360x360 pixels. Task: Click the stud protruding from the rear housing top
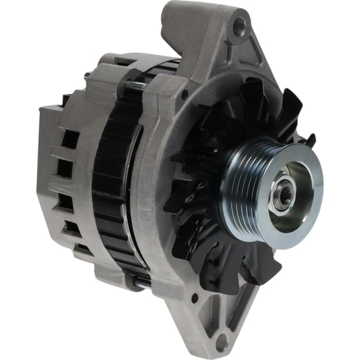[x=85, y=77]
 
